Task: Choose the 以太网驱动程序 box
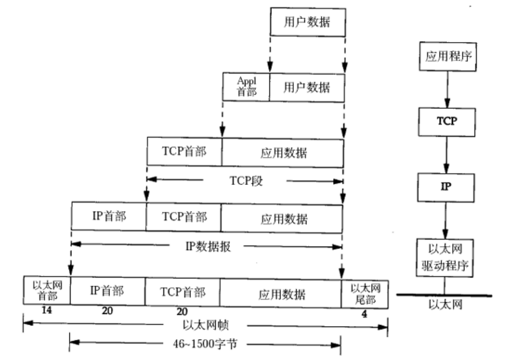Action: pos(445,258)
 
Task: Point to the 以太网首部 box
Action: pos(47,292)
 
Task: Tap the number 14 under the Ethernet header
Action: pos(46,311)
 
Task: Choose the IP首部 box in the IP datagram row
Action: pos(108,217)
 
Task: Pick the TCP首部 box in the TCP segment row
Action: pos(184,151)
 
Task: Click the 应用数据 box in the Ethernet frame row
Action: pos(281,294)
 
